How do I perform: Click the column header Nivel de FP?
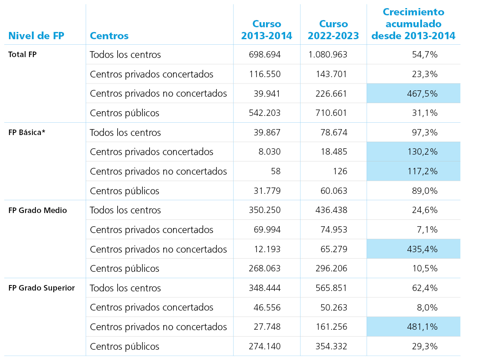[x=36, y=36]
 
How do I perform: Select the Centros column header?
[x=109, y=36]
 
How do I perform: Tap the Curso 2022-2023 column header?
[x=333, y=29]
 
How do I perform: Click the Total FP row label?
[x=23, y=54]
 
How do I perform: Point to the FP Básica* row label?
[x=26, y=132]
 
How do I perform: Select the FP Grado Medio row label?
[x=38, y=210]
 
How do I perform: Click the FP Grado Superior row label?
[x=41, y=288]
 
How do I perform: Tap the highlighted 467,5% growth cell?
[x=413, y=93]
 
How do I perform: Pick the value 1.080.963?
[x=328, y=55]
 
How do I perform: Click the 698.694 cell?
[x=265, y=55]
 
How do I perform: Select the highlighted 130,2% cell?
[x=413, y=152]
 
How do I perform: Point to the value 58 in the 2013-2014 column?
[x=276, y=171]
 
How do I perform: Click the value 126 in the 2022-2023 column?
[x=340, y=171]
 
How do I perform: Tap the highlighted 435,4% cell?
[x=413, y=249]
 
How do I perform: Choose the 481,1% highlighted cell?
[x=413, y=327]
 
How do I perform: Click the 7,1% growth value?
[x=427, y=230]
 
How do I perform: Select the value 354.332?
[x=331, y=346]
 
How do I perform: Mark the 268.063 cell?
[x=265, y=268]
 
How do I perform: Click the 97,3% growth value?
[x=425, y=132]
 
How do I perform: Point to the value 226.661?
[x=331, y=94]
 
